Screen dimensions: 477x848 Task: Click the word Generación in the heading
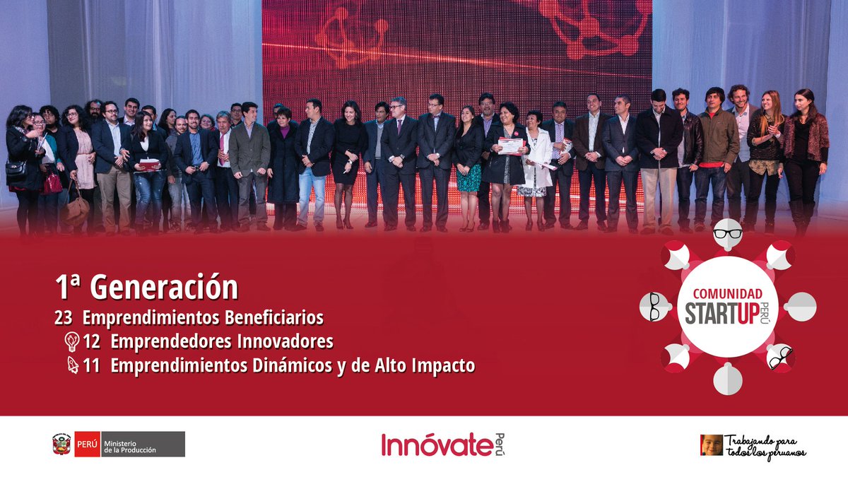[164, 288]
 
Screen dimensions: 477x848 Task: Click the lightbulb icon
[71, 342]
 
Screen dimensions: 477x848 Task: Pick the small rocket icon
[71, 366]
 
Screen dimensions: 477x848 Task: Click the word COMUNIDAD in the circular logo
[727, 293]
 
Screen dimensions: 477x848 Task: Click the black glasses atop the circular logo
[727, 233]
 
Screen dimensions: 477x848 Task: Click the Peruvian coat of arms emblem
[61, 444]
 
